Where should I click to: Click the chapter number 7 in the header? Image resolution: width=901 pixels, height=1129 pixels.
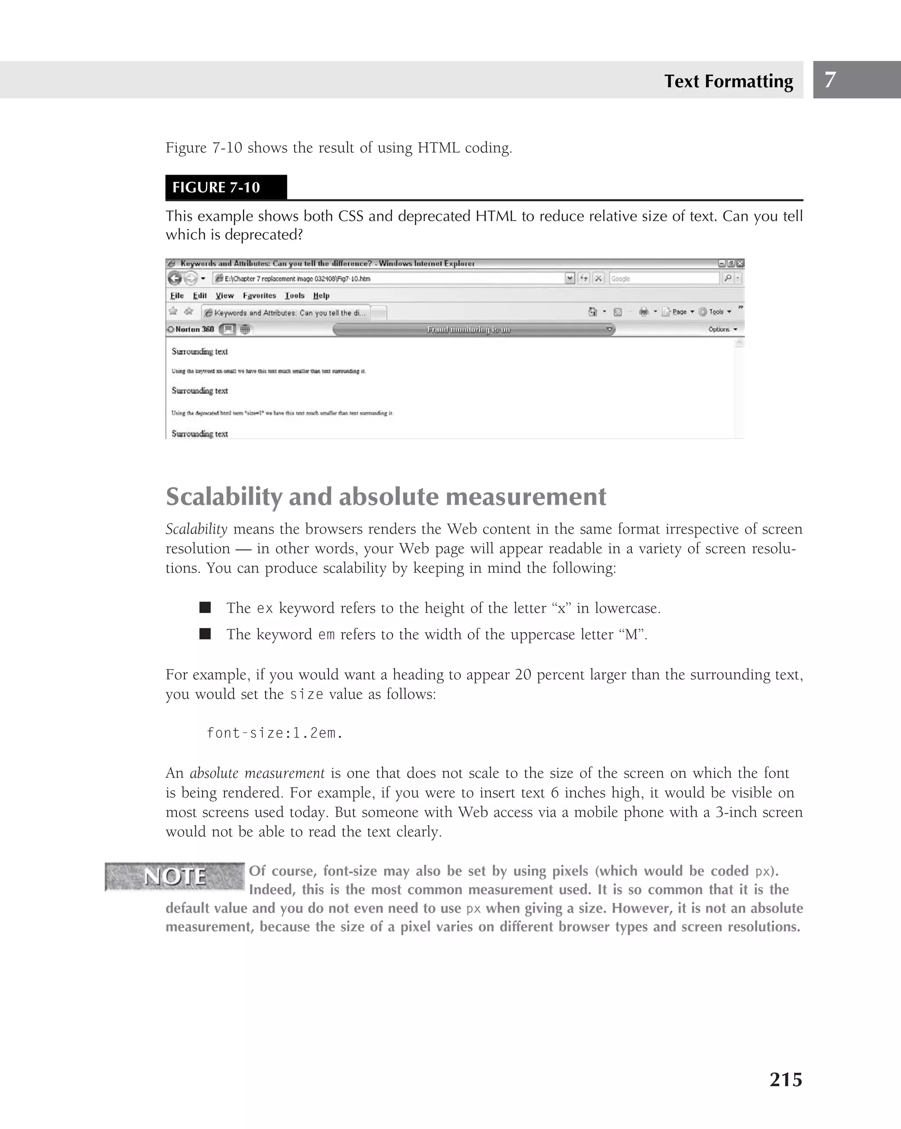coord(830,80)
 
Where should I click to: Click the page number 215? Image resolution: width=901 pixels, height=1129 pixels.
coord(785,1079)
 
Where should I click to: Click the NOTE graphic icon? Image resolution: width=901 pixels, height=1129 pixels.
coord(174,876)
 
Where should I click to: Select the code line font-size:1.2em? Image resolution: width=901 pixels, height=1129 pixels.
coord(275,733)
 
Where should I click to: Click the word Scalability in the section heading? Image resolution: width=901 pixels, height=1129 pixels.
coord(223,496)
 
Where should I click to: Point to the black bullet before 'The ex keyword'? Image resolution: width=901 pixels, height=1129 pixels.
coord(205,608)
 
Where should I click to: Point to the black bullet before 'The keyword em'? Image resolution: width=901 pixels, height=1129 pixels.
coord(205,634)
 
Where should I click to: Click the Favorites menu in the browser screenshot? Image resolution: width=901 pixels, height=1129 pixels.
coord(259,295)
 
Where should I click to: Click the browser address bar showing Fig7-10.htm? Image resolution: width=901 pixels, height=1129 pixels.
coord(390,279)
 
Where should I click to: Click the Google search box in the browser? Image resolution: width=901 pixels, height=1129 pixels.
coord(663,279)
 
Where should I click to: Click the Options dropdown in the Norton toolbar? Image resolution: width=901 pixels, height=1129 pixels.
coord(722,329)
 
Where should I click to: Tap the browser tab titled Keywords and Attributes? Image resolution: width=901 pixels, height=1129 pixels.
coord(286,313)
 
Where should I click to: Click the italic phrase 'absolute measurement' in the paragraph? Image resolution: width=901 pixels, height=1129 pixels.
coord(257,773)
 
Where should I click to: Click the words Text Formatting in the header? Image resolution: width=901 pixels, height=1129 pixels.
coord(728,81)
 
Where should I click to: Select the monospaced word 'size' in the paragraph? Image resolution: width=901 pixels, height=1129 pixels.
coord(306,694)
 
